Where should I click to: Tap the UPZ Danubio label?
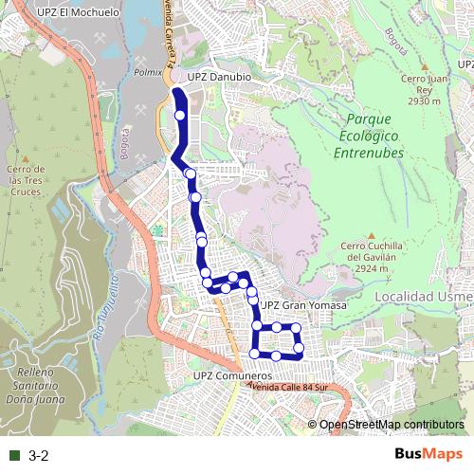[218, 75]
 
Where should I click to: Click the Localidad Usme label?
[423, 297]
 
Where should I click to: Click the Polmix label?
[148, 71]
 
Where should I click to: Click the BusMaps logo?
[429, 455]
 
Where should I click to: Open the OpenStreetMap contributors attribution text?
[392, 425]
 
